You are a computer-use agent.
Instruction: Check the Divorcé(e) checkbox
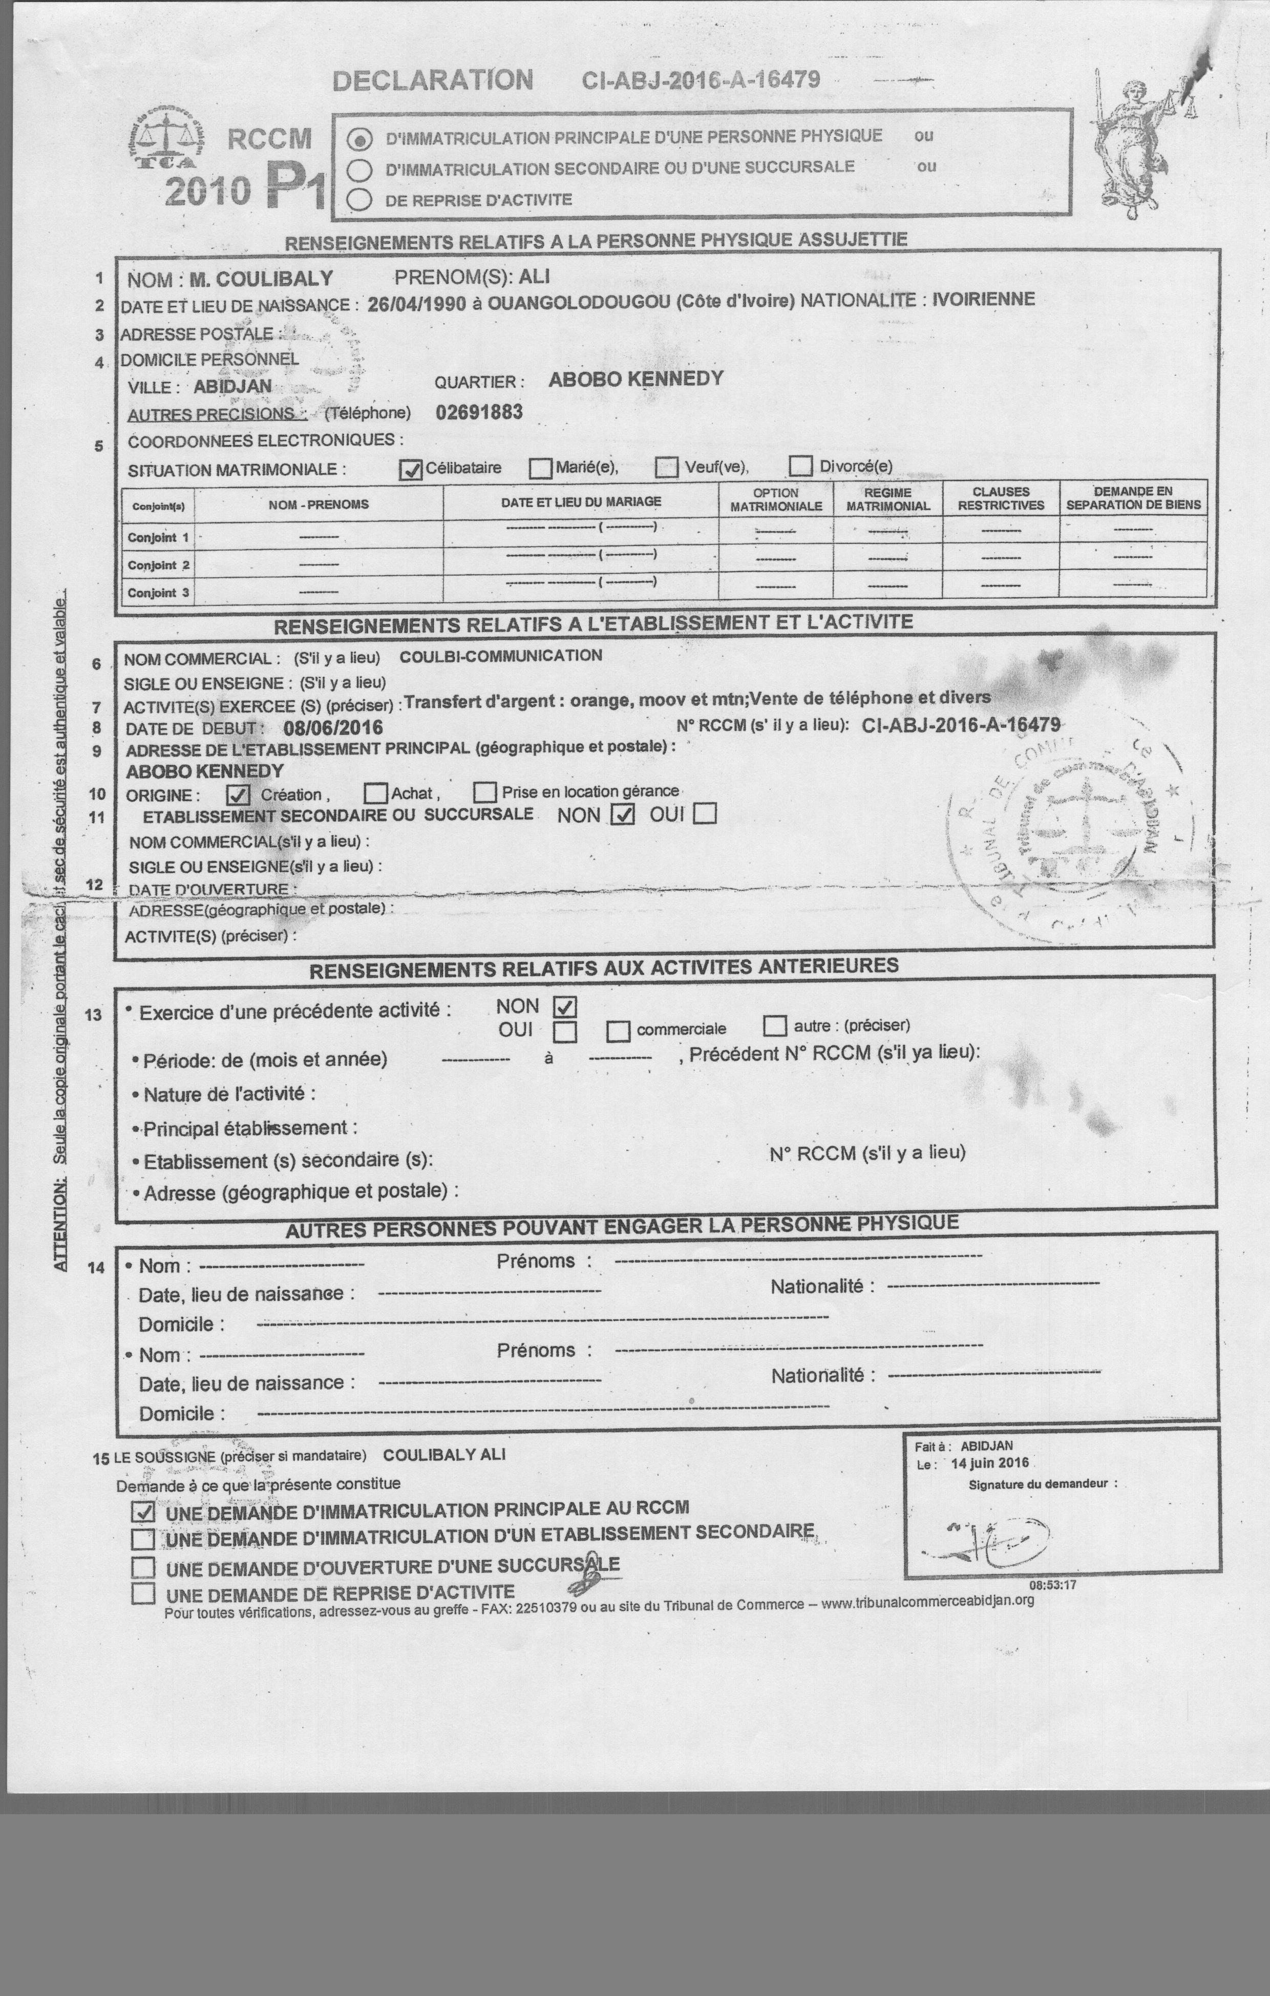point(800,466)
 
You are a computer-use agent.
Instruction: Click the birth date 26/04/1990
point(416,303)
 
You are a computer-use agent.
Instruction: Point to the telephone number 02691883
point(479,412)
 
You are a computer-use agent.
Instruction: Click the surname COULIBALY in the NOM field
point(261,279)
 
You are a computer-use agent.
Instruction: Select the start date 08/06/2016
point(333,728)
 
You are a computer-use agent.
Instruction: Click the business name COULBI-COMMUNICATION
point(501,656)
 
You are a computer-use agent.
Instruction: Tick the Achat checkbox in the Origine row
point(376,793)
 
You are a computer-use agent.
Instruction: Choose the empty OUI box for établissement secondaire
point(705,813)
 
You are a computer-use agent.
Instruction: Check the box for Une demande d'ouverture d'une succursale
point(143,1567)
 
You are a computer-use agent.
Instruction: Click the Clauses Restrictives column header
point(1001,498)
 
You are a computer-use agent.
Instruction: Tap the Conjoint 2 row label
point(158,565)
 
